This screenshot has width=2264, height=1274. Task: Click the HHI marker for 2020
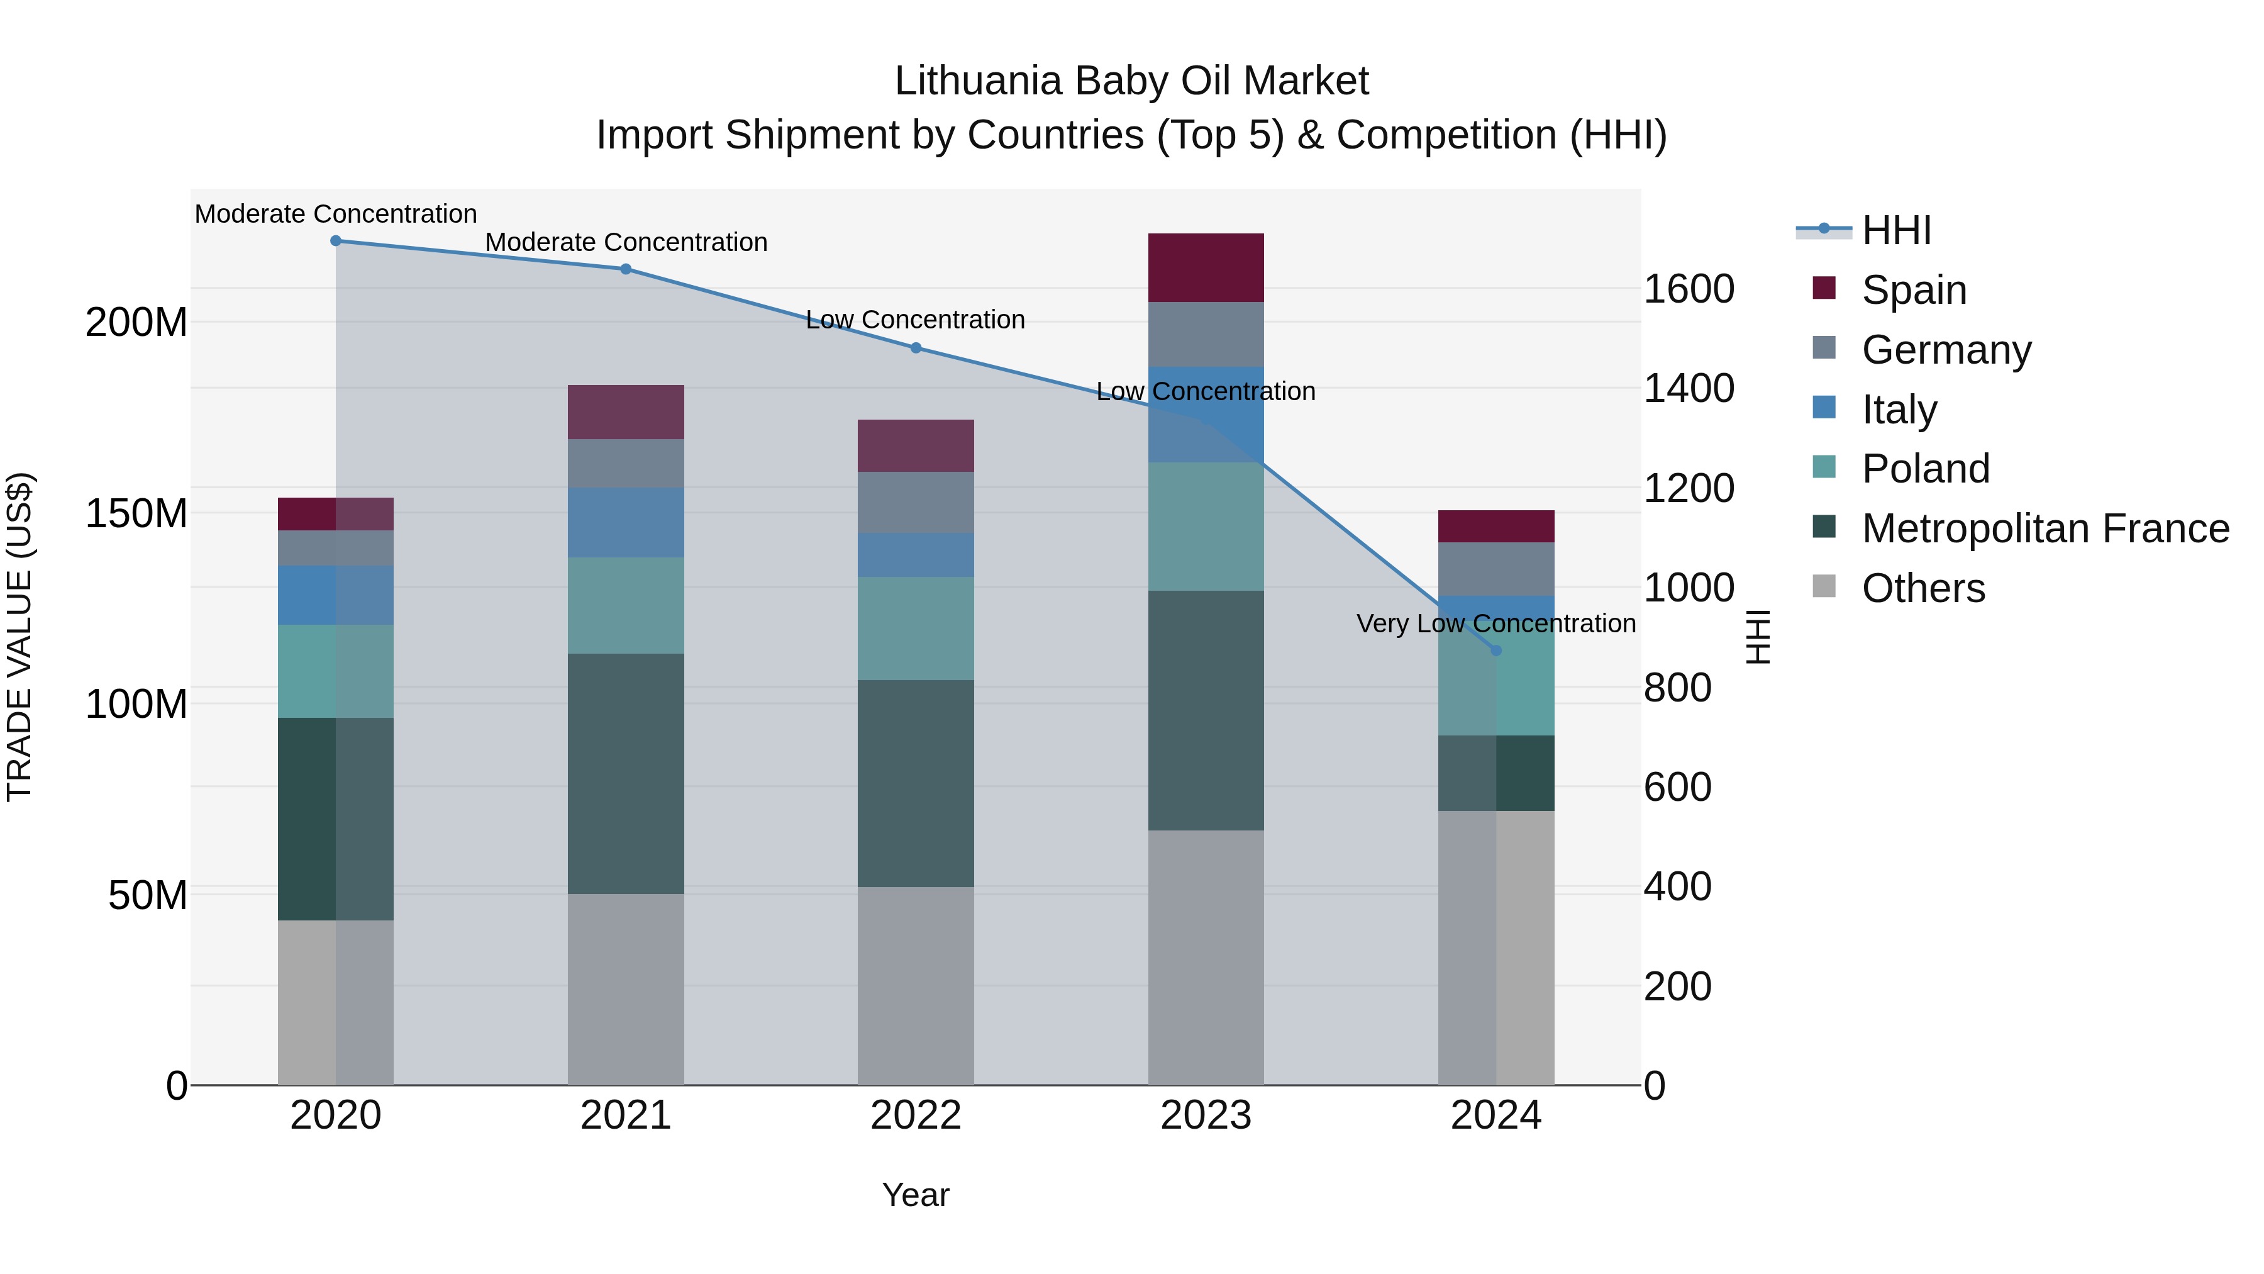coord(336,241)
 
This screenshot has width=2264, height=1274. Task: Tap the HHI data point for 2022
coord(916,348)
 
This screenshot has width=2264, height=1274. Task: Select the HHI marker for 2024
coord(1496,651)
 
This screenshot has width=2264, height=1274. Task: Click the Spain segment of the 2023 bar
coord(1206,268)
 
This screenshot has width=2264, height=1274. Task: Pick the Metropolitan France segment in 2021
coord(626,774)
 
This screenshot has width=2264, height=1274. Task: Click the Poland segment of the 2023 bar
coord(1206,526)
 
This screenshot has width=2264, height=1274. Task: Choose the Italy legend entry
coord(1899,410)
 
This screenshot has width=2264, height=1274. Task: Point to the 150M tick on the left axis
coord(136,513)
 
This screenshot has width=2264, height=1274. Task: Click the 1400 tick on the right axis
coord(1689,389)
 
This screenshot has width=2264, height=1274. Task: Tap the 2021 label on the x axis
coord(626,1115)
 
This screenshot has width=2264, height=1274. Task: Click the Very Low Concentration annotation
coord(1496,623)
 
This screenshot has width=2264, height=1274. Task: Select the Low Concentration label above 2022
coord(915,320)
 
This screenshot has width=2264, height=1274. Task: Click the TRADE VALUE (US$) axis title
coord(19,637)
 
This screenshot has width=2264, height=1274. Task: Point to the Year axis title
coord(915,1195)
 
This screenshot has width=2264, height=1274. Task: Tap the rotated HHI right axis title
coord(1758,637)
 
